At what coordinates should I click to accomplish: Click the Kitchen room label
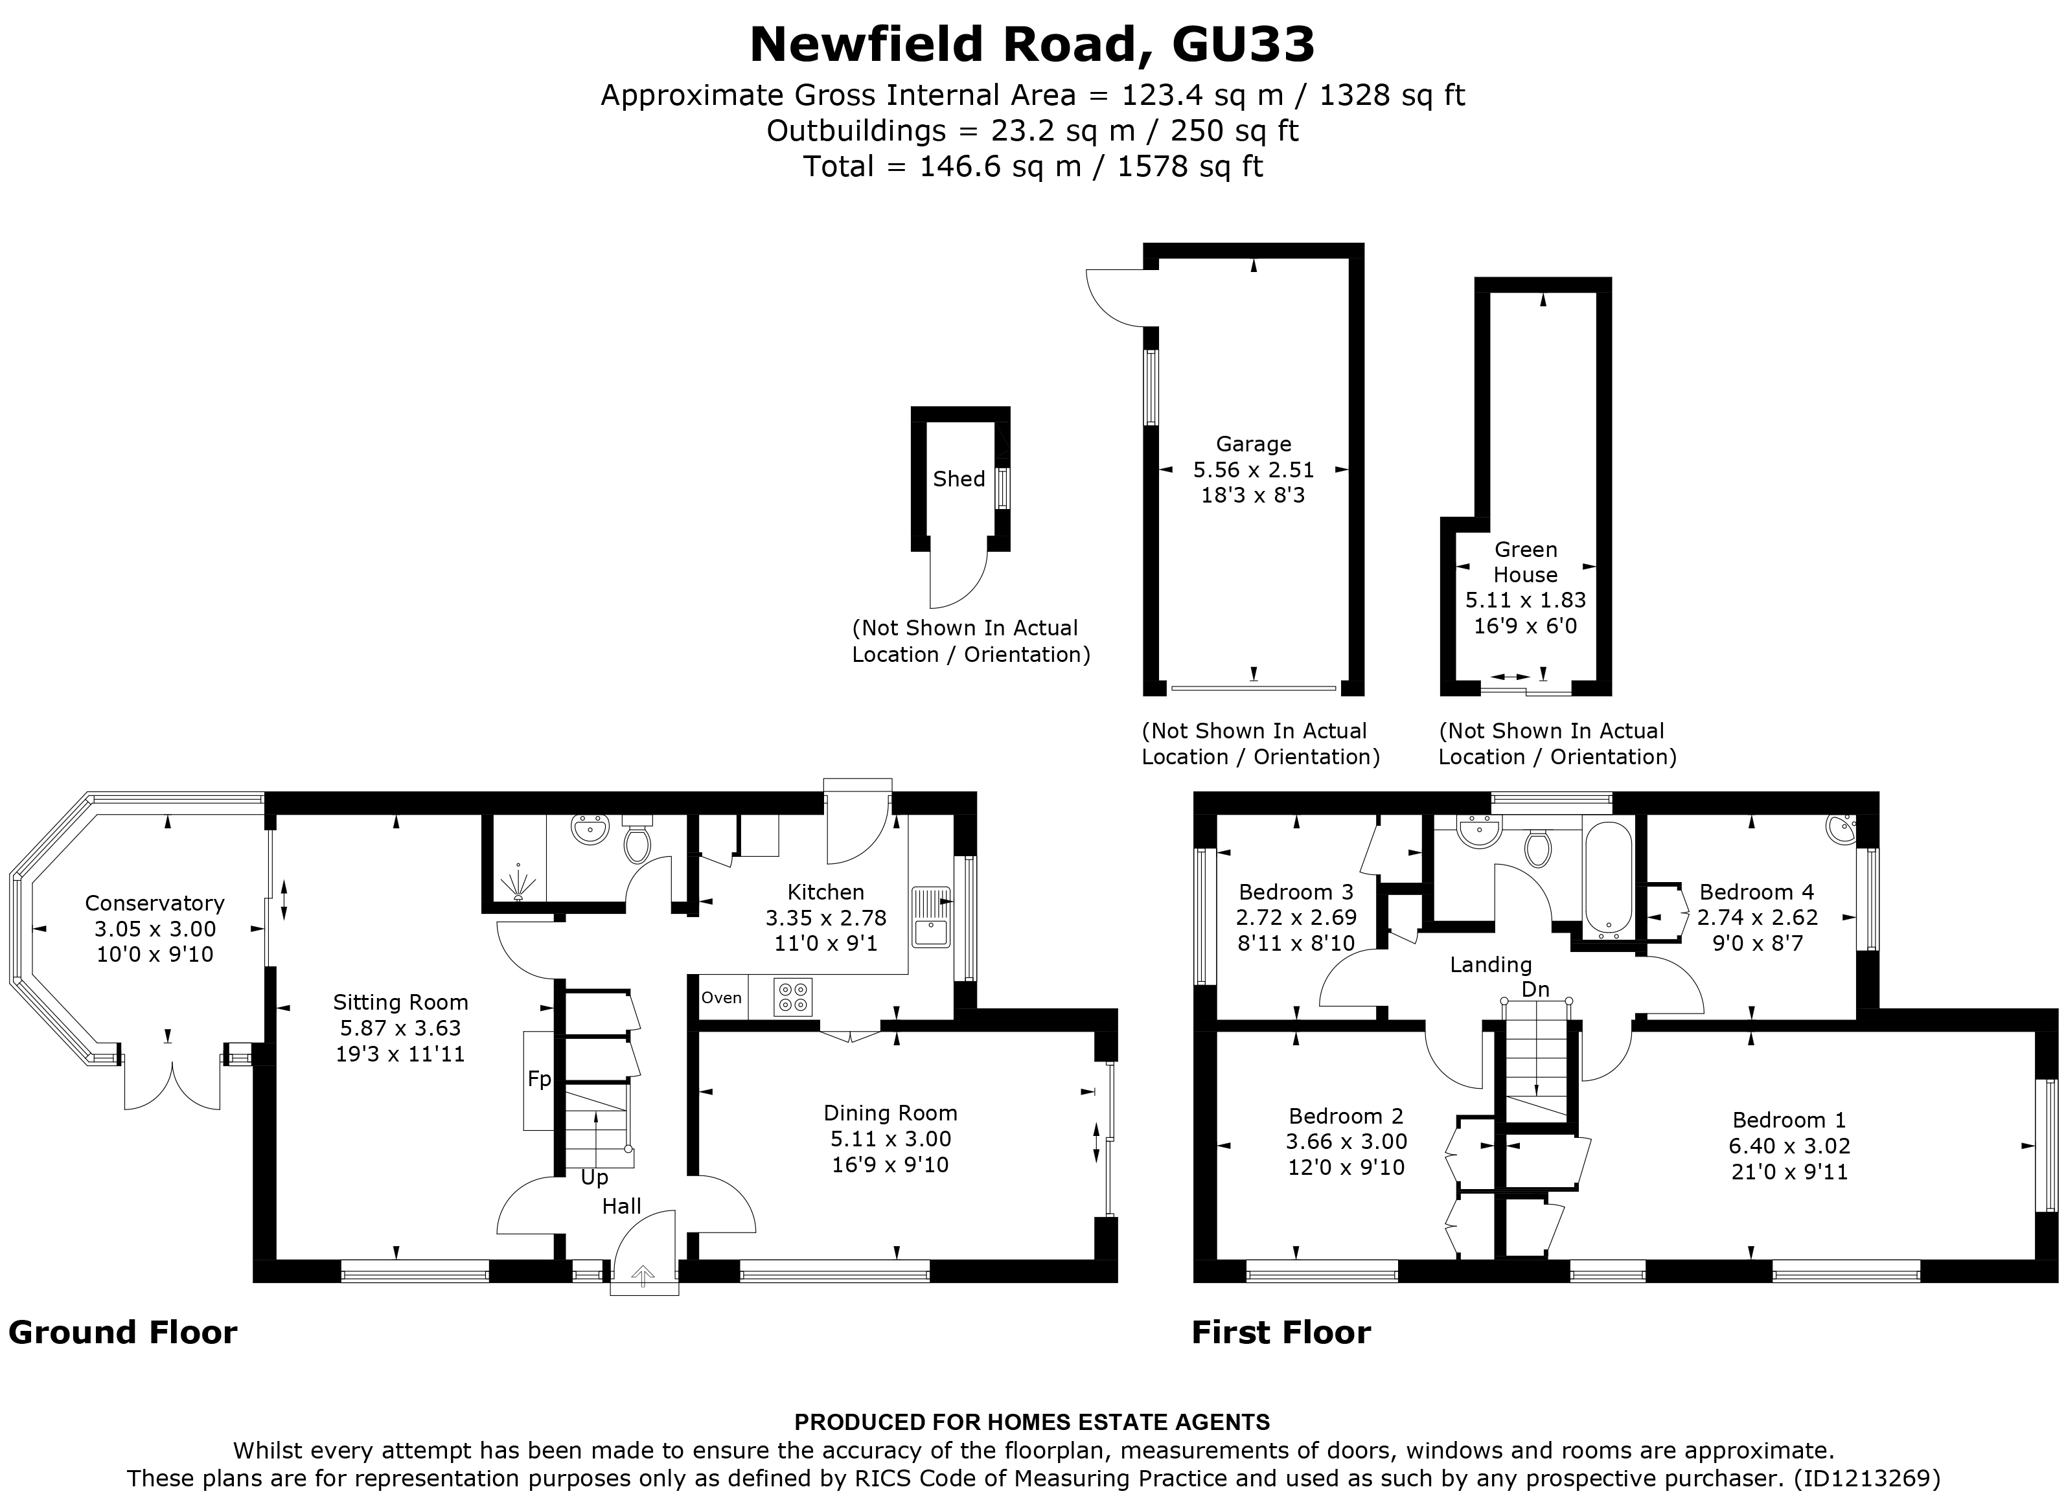(825, 892)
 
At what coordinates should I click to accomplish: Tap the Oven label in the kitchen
(722, 998)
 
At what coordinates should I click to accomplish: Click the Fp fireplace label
(539, 1079)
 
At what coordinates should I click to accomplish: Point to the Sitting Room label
(400, 1003)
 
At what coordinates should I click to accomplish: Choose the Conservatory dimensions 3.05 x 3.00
(155, 929)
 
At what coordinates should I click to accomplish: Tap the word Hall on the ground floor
(621, 1207)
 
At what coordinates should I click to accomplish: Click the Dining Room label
(890, 1113)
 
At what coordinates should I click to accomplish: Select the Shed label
(958, 479)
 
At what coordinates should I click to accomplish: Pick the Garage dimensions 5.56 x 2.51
(1254, 470)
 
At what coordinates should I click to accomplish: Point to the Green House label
(1525, 562)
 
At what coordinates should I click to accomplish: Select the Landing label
(1490, 964)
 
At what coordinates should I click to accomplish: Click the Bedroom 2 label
(1346, 1117)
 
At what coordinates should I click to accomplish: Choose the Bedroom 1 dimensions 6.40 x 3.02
(1789, 1146)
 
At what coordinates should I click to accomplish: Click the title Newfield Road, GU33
(1032, 45)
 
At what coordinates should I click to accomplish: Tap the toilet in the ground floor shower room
(637, 844)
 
